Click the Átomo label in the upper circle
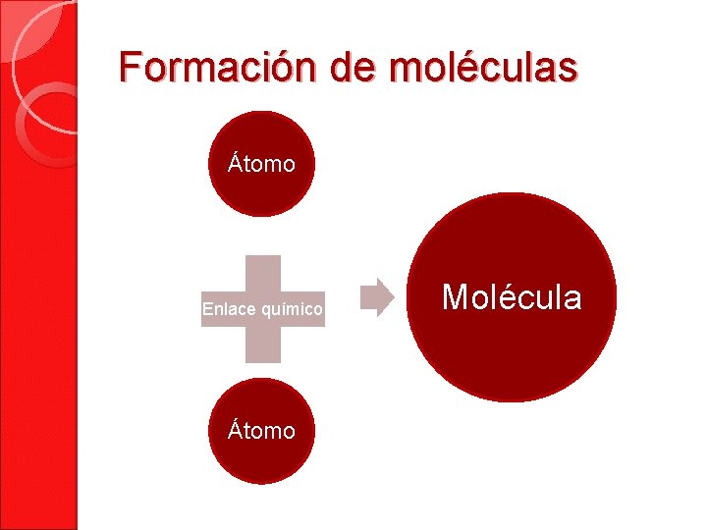click(261, 164)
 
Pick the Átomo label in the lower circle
click(261, 431)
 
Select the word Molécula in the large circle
click(512, 296)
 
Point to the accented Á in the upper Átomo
click(236, 163)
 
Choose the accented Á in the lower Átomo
click(236, 430)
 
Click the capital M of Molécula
click(456, 296)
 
